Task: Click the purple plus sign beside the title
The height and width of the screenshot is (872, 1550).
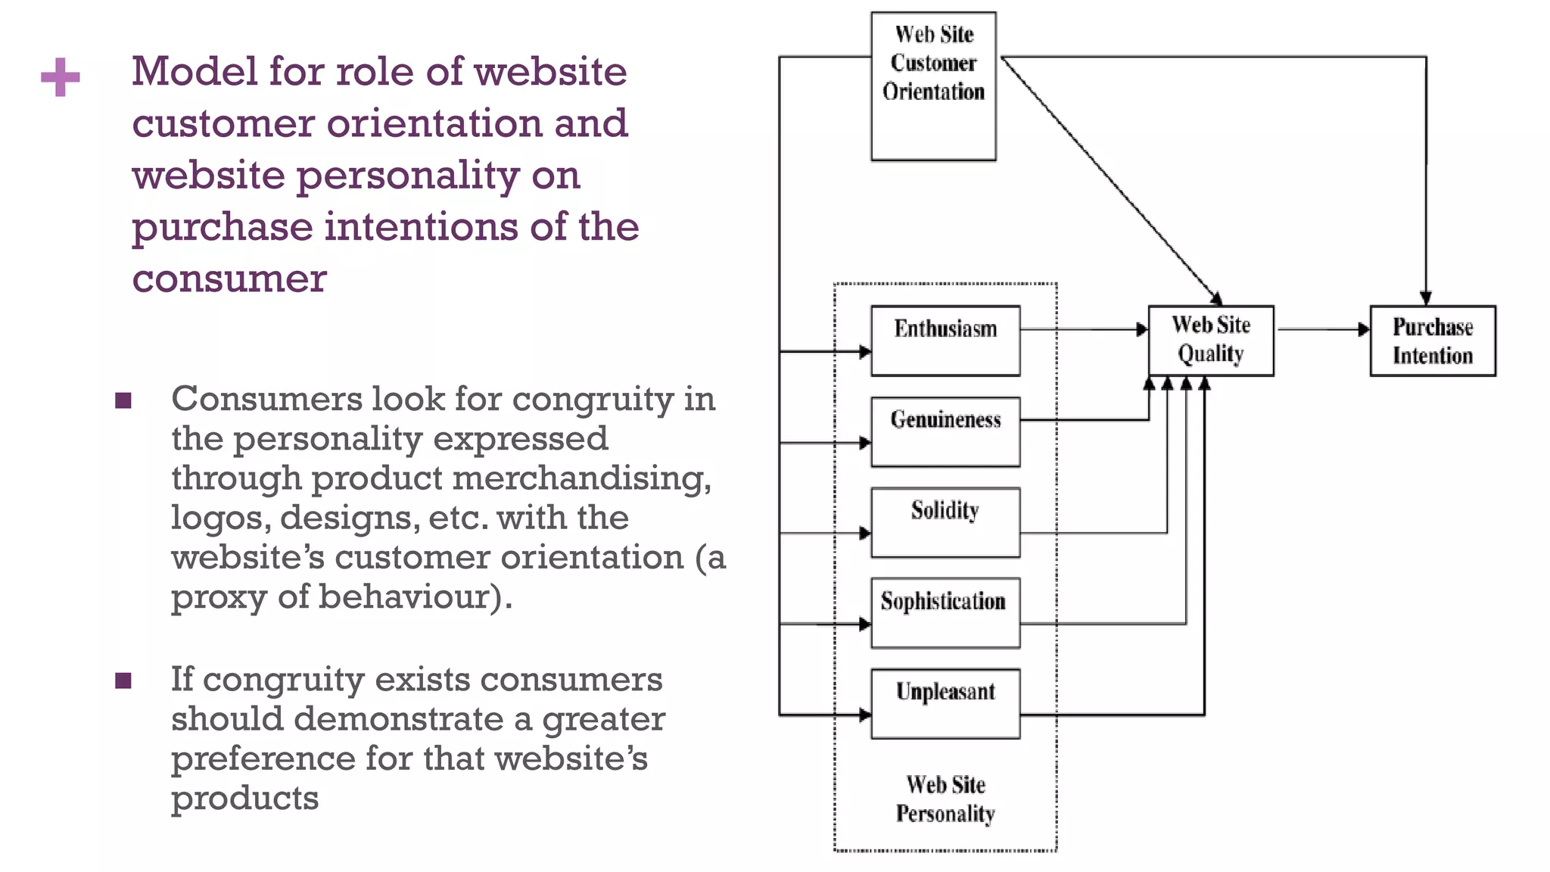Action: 61,77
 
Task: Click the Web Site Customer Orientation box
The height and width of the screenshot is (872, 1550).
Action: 933,86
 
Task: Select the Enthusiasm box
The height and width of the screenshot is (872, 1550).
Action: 945,341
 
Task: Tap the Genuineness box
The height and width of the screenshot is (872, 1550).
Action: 945,431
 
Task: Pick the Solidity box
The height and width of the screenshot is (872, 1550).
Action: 945,522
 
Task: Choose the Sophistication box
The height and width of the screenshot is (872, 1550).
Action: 945,613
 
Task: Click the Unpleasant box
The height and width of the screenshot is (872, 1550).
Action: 945,704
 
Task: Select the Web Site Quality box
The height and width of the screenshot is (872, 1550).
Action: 1211,341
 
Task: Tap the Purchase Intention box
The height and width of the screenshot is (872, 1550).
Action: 1433,341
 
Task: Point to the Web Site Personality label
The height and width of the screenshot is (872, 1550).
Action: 945,799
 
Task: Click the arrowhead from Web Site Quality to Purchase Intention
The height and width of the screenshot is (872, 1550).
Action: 1364,329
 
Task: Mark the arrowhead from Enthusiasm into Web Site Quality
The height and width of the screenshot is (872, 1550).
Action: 1142,329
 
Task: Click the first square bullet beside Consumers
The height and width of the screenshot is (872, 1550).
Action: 123,400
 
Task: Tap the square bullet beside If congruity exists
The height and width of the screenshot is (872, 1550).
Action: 123,680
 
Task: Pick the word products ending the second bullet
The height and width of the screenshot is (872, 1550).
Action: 244,799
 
